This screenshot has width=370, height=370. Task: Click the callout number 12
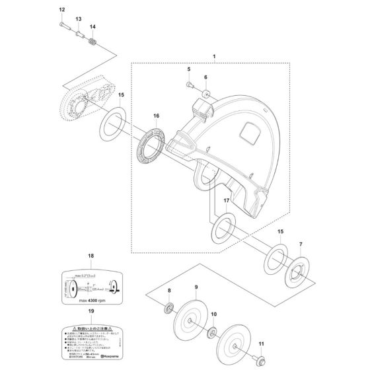[x=62, y=10]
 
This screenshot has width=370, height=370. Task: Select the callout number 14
[x=92, y=27]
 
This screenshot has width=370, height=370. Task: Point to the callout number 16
[x=156, y=116]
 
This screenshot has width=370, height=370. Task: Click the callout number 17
[x=226, y=200]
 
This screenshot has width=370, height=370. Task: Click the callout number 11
[x=260, y=343]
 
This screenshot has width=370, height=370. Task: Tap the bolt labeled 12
[x=63, y=25]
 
